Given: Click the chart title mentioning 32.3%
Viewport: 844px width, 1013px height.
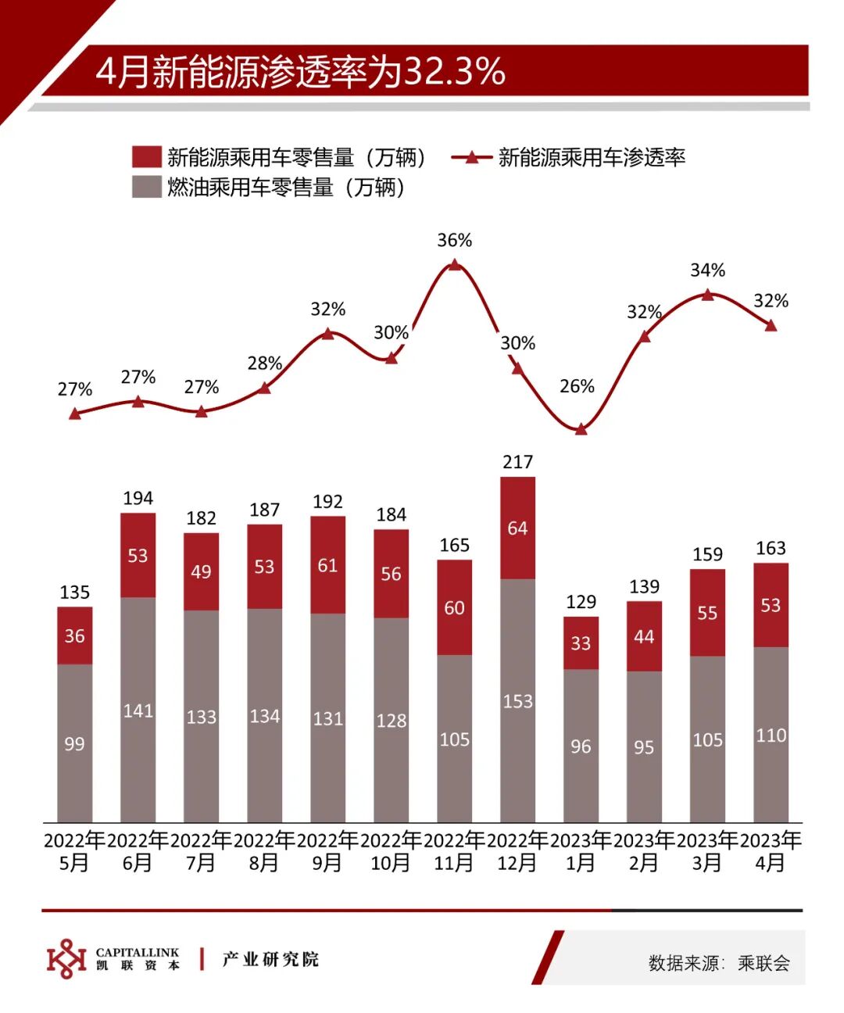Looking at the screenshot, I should click(x=301, y=71).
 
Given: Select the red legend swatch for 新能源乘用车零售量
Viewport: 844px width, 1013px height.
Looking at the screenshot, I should click(x=147, y=157).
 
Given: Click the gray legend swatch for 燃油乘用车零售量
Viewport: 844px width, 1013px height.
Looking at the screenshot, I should click(x=147, y=188).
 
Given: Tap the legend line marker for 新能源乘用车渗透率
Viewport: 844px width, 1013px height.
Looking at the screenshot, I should click(x=471, y=157).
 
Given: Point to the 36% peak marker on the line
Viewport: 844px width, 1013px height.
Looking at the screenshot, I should click(x=455, y=265).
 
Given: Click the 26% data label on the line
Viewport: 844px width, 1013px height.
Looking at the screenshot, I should click(x=577, y=386).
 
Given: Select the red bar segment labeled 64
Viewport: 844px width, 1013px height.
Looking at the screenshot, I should click(x=517, y=528).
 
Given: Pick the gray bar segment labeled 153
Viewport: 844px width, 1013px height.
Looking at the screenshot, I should click(x=517, y=700).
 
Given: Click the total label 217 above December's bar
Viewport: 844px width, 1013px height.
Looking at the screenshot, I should click(x=517, y=462).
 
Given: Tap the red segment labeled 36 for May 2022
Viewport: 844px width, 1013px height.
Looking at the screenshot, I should click(x=75, y=635).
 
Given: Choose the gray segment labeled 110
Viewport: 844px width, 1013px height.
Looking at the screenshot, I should click(x=771, y=735).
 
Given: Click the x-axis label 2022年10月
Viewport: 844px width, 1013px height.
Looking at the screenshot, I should click(x=391, y=851).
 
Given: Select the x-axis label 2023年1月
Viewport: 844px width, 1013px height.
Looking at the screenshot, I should click(x=581, y=851).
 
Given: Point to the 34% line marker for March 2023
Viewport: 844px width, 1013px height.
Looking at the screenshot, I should click(x=707, y=295).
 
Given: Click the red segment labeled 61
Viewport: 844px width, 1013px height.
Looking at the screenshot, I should click(x=327, y=565).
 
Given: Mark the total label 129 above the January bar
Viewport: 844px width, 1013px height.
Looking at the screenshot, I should click(x=581, y=602).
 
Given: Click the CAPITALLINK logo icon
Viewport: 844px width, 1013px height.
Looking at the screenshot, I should click(x=66, y=958).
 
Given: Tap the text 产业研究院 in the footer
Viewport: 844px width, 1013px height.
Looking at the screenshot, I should click(x=270, y=959).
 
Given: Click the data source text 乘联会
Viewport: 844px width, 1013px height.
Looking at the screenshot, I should click(x=764, y=963).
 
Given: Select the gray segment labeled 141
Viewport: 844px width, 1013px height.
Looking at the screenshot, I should click(x=138, y=710).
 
